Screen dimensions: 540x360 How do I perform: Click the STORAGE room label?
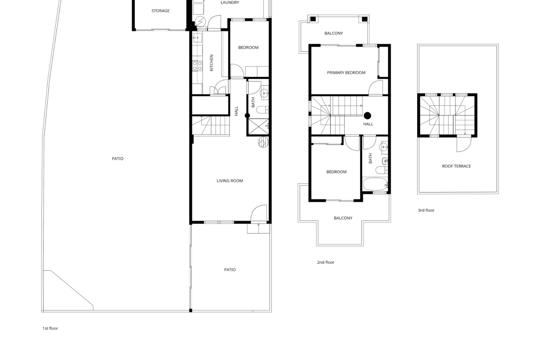pyautogui.click(x=160, y=11)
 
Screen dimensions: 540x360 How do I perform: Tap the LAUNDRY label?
pyautogui.click(x=230, y=3)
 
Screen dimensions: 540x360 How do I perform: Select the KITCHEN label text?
pyautogui.click(x=211, y=63)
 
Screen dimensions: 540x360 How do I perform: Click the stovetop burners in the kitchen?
pyautogui.click(x=197, y=66)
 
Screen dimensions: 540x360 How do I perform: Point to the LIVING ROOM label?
pyautogui.click(x=230, y=181)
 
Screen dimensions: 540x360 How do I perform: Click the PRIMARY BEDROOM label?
pyautogui.click(x=346, y=73)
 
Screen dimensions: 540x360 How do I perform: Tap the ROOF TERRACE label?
pyautogui.click(x=456, y=166)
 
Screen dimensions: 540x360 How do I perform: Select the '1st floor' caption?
pyautogui.click(x=50, y=328)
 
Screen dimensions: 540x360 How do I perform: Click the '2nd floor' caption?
pyautogui.click(x=326, y=262)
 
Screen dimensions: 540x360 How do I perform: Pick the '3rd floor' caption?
pyautogui.click(x=426, y=210)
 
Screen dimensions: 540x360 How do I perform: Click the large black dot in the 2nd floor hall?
pyautogui.click(x=367, y=115)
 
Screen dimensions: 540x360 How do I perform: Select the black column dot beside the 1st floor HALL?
pyautogui.click(x=247, y=116)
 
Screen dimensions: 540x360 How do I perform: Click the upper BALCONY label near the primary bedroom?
pyautogui.click(x=334, y=33)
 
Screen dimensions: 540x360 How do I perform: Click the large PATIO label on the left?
pyautogui.click(x=118, y=159)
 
